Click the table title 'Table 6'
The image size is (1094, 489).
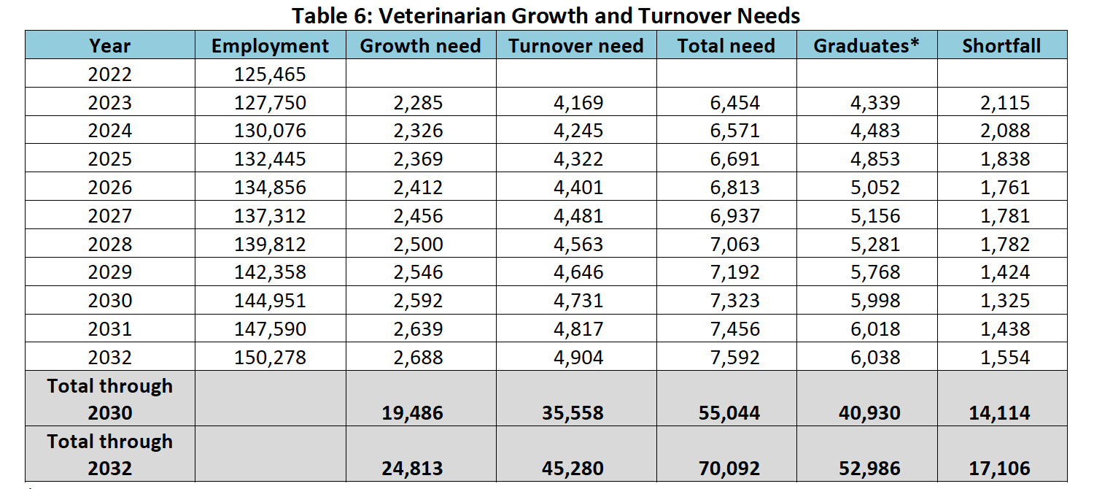coord(546,15)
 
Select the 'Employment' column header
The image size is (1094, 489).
coord(270,45)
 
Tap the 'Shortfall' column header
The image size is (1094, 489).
coord(1001,45)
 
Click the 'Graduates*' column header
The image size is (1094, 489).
coord(866,45)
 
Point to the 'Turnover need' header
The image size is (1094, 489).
coord(575,45)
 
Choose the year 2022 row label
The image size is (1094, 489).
coord(110,74)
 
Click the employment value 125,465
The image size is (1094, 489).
coord(270,74)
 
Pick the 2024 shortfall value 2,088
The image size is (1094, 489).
coord(1005,131)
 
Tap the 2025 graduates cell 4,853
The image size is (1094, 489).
coord(875,159)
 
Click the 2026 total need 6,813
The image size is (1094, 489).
coord(734,188)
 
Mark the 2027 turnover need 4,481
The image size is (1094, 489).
coord(578,216)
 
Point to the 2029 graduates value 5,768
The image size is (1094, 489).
coord(875,272)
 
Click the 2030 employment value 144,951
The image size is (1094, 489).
coord(270,301)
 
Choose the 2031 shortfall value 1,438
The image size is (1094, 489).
coord(1005,329)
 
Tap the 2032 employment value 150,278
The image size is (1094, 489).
coord(270,358)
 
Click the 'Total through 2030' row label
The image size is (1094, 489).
coord(110,398)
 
